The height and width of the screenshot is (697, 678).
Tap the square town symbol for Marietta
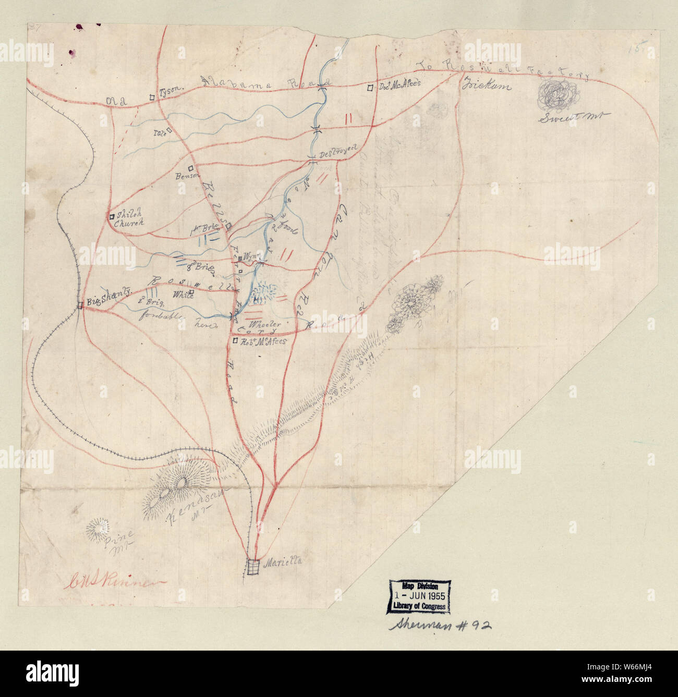[253, 567]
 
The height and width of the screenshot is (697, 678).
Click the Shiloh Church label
[129, 219]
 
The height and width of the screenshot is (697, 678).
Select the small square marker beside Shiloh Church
[112, 215]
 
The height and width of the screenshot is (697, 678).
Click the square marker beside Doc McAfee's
[369, 88]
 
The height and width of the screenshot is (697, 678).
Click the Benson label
[186, 176]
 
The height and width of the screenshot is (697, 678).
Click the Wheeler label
[267, 324]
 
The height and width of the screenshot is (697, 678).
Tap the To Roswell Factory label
[503, 69]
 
